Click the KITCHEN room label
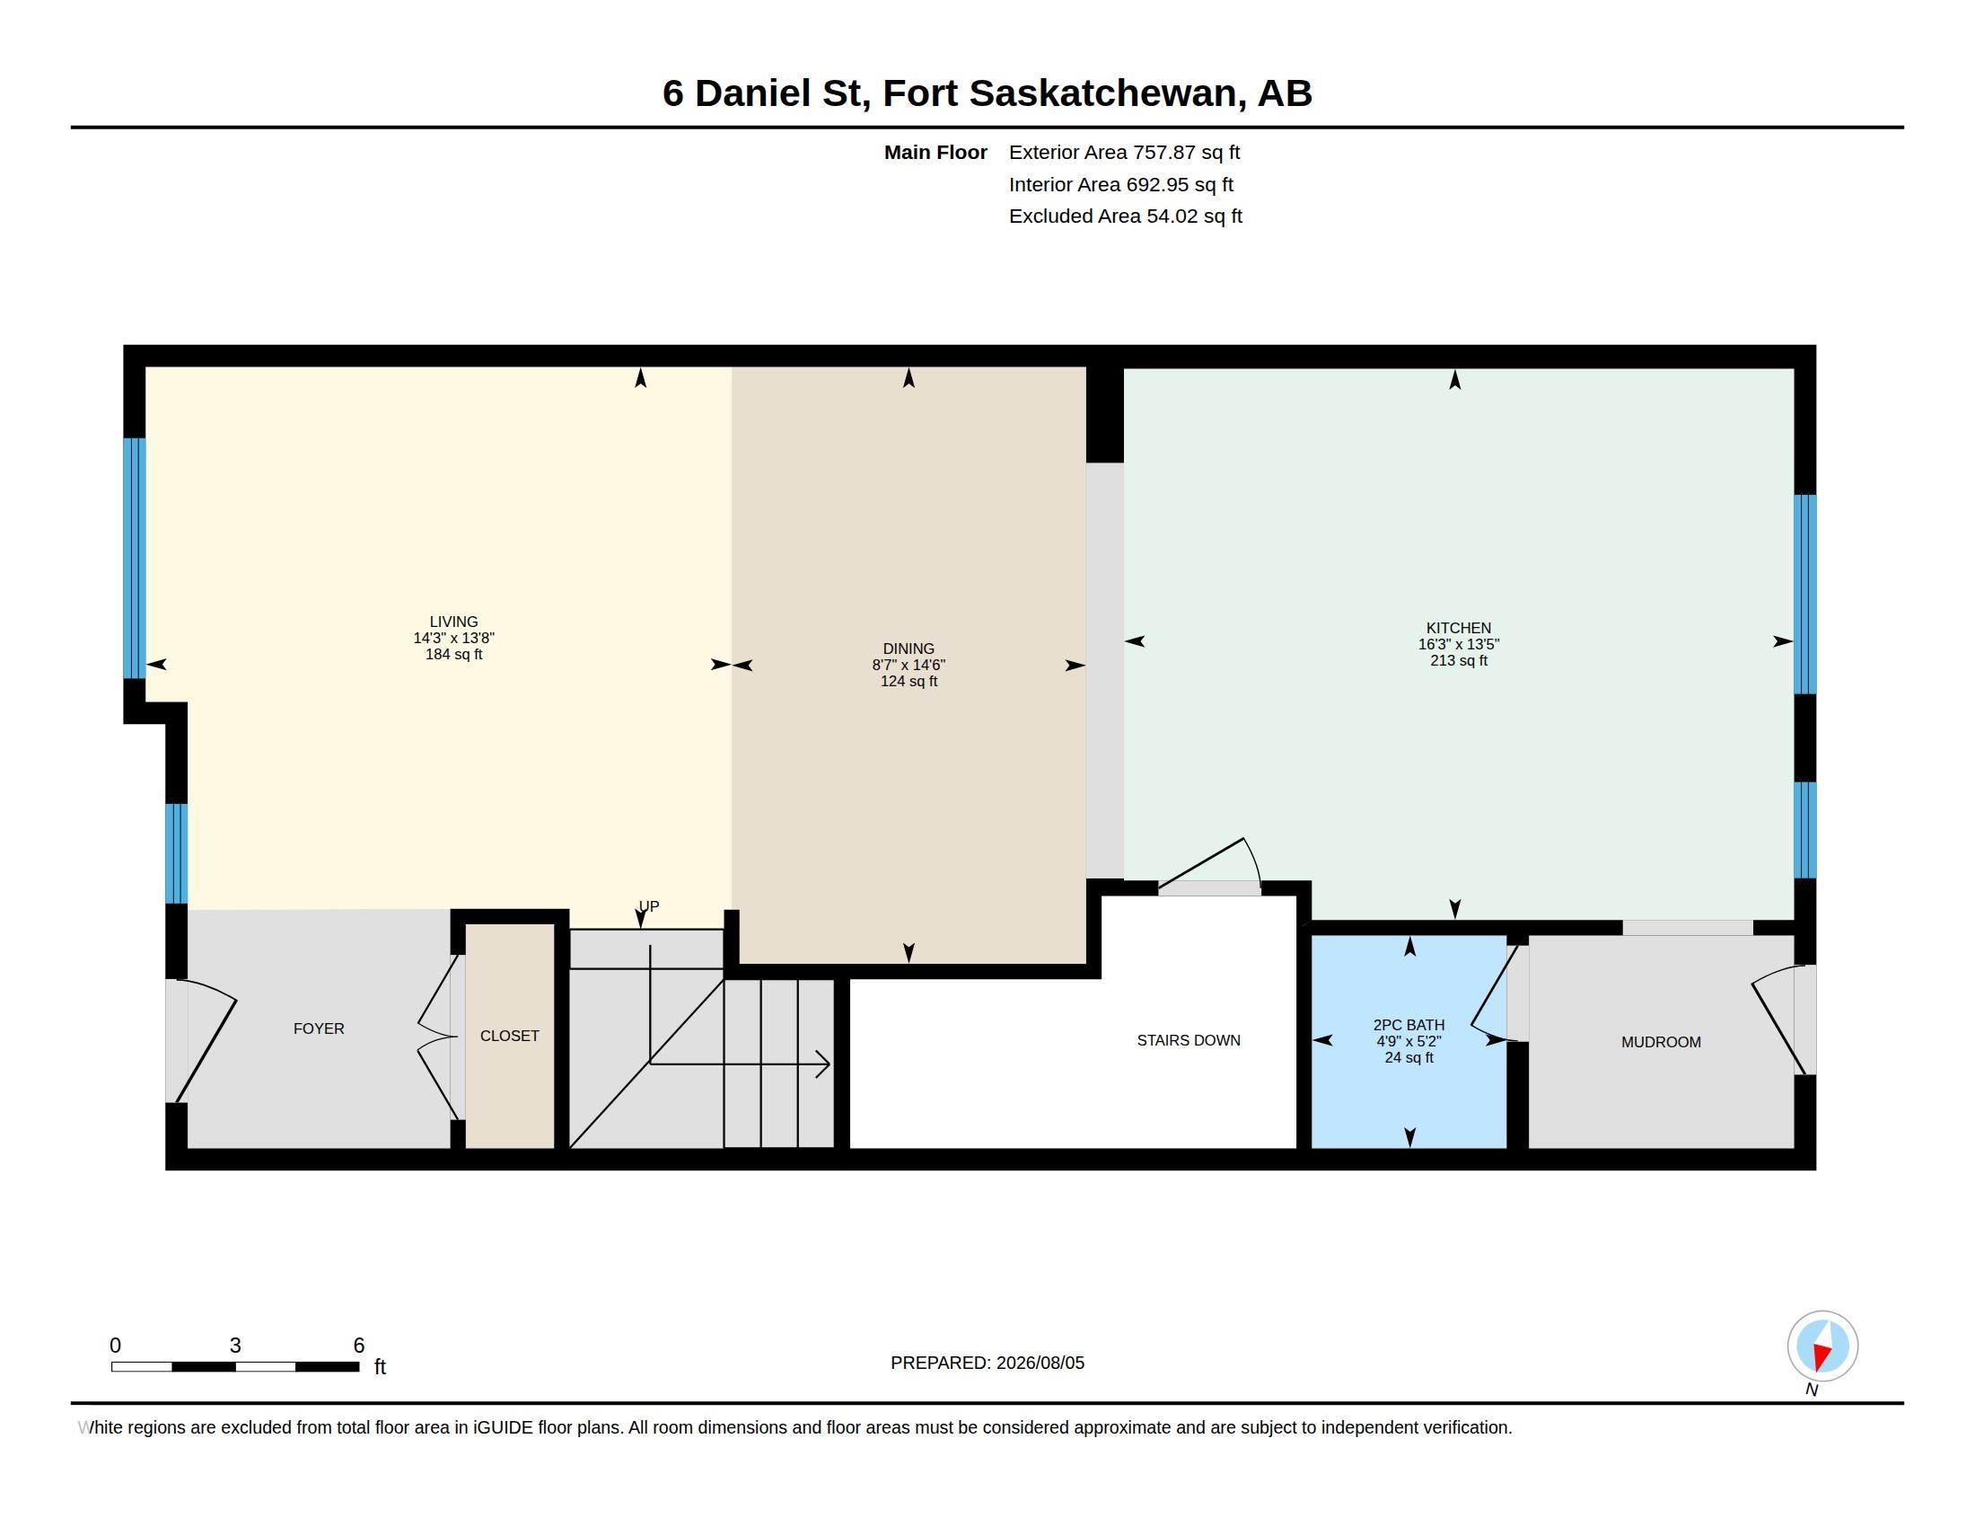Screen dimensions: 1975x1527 pyautogui.click(x=1458, y=628)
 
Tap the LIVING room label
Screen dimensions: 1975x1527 pyautogui.click(x=453, y=622)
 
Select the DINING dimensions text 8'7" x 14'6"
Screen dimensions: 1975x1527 pyautogui.click(x=908, y=665)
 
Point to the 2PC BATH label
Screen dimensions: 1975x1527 pyautogui.click(x=1408, y=1025)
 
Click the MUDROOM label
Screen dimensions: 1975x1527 pyautogui.click(x=1660, y=1042)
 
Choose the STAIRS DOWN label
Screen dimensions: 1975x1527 pyautogui.click(x=1189, y=1040)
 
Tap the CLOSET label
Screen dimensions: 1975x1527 pyautogui.click(x=509, y=1036)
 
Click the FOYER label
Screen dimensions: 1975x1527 pyautogui.click(x=319, y=1028)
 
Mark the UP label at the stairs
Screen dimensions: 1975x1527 pyautogui.click(x=648, y=905)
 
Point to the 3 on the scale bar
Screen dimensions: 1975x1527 pyautogui.click(x=235, y=1346)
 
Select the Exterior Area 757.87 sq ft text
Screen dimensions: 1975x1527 pyautogui.click(x=1124, y=153)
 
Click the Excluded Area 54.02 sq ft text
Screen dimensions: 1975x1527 pyautogui.click(x=1125, y=216)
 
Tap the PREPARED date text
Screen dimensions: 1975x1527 pyautogui.click(x=987, y=1363)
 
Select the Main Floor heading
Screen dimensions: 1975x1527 pyautogui.click(x=935, y=153)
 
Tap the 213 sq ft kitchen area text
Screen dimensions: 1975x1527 pyautogui.click(x=1458, y=660)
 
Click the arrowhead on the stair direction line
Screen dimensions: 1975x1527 pyautogui.click(x=823, y=1064)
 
